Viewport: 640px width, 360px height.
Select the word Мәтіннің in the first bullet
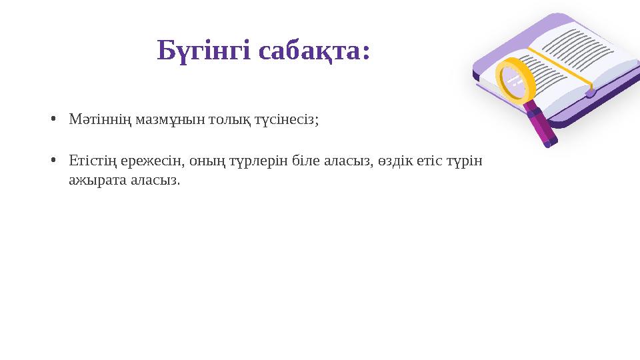(93, 120)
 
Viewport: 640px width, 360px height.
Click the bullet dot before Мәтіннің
(53, 120)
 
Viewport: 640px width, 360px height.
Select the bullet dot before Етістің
(53, 161)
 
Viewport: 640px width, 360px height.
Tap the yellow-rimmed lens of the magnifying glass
(513, 79)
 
